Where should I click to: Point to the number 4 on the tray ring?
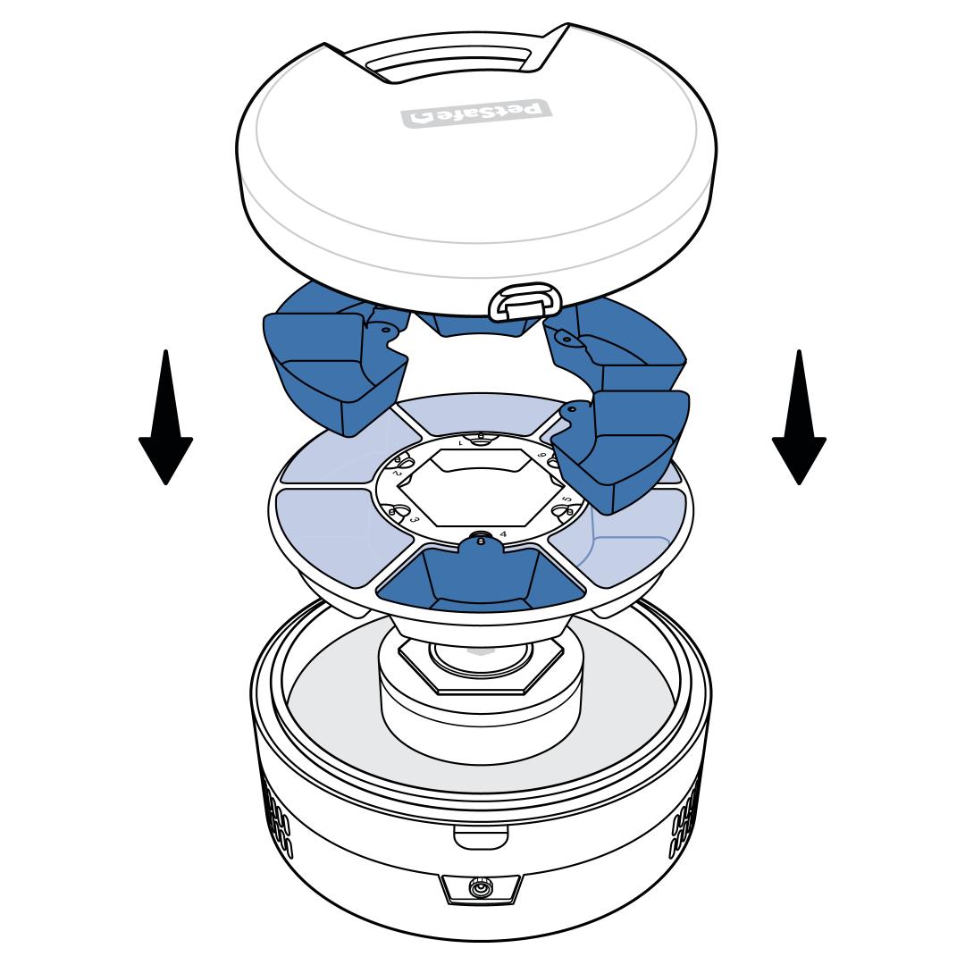pos(504,533)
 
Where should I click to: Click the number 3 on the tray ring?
pos(414,519)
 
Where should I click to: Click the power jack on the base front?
pos(481,889)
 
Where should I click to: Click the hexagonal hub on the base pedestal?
pos(481,666)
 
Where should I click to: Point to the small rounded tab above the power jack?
pos(481,837)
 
